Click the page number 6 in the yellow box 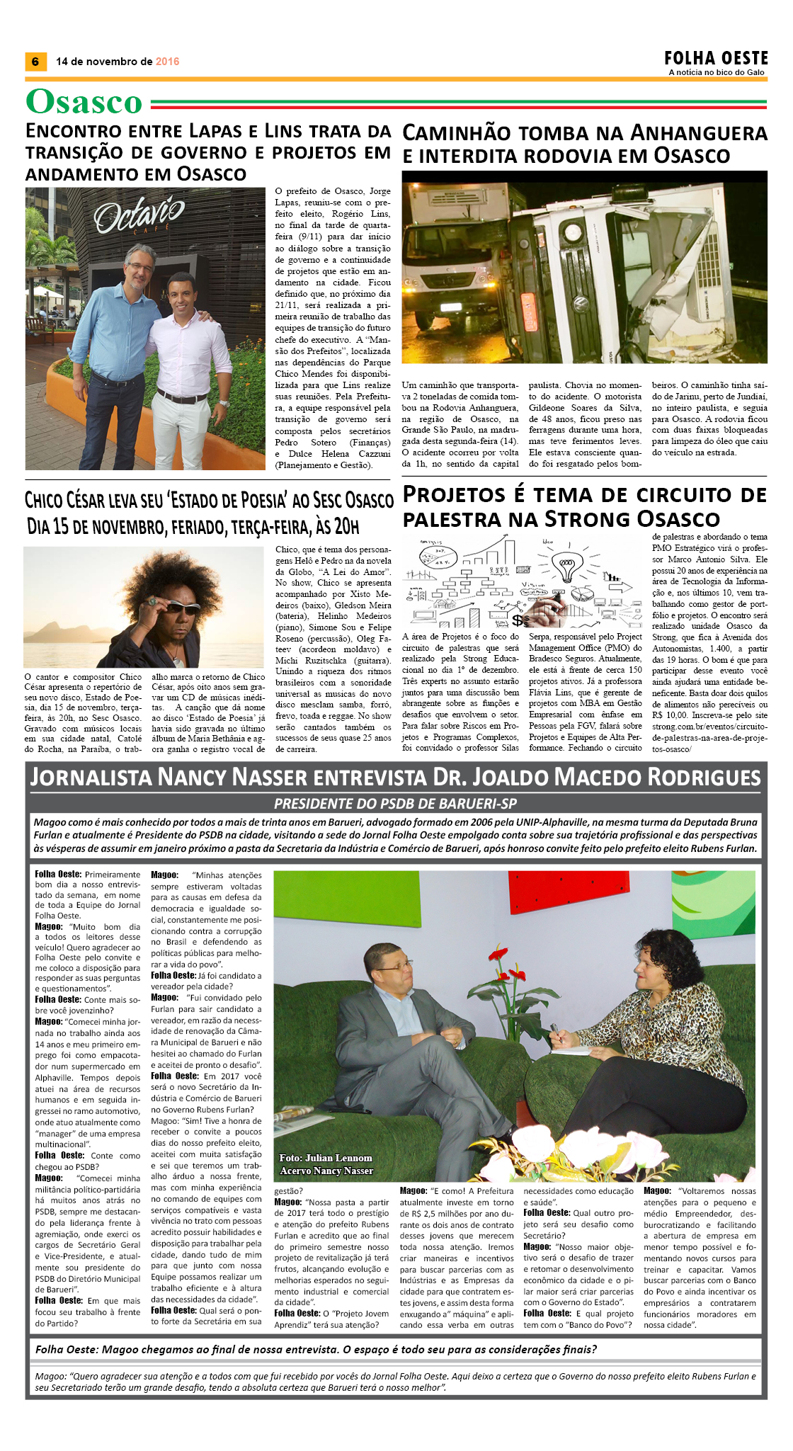point(35,62)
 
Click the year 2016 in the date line point(167,62)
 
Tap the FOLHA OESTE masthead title point(716,58)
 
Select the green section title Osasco point(84,102)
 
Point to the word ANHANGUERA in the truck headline point(698,133)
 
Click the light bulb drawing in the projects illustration point(564,566)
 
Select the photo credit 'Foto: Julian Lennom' point(326,1158)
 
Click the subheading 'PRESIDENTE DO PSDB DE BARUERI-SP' point(395,804)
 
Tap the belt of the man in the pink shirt point(183,397)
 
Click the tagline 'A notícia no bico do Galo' point(717,72)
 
